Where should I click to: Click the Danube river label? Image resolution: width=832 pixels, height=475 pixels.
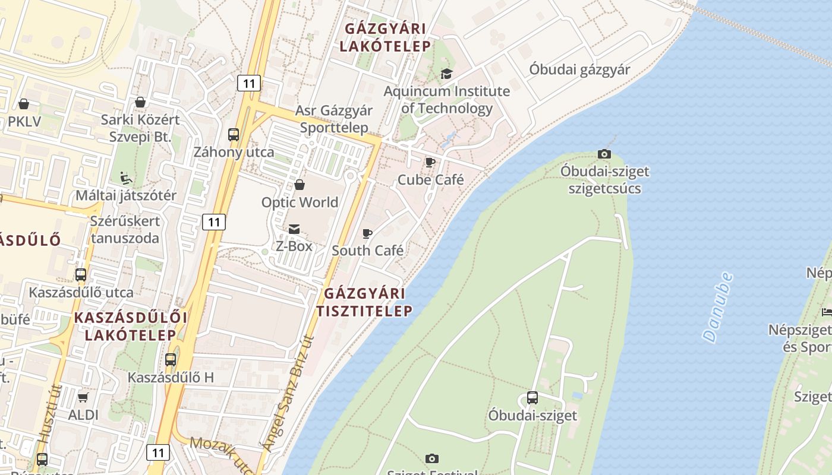pos(717,307)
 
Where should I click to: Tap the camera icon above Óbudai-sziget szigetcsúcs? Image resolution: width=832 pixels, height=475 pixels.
pos(604,154)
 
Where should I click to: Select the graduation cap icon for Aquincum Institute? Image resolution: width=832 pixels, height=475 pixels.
pos(446,74)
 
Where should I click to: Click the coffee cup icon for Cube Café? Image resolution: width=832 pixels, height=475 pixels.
pos(430,162)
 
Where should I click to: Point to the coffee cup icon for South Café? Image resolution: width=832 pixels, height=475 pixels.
pos(367,233)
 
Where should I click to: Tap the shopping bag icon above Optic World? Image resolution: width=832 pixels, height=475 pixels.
pos(300,185)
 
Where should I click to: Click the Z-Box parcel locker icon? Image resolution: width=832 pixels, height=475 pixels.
pos(294,229)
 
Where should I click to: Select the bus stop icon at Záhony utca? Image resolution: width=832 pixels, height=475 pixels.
pos(234,135)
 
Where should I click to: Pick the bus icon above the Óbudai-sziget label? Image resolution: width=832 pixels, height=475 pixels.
pos(532,398)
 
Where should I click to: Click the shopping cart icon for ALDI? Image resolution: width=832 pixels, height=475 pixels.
pos(83,397)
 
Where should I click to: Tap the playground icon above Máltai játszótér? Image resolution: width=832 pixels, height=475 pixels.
pos(126,178)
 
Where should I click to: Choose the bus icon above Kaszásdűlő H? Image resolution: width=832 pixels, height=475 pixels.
pos(171,360)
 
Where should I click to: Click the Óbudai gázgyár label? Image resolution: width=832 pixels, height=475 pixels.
pos(579,69)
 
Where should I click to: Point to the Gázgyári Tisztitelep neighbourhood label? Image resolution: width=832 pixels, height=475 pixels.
pos(364,302)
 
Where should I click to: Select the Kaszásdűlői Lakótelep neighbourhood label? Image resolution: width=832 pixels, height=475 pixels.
pos(131,326)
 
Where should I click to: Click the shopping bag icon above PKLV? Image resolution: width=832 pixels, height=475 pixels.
pos(24,104)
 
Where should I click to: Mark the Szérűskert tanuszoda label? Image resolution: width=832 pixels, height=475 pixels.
pos(125,229)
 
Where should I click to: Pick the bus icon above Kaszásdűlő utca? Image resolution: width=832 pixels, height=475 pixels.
pos(81,275)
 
